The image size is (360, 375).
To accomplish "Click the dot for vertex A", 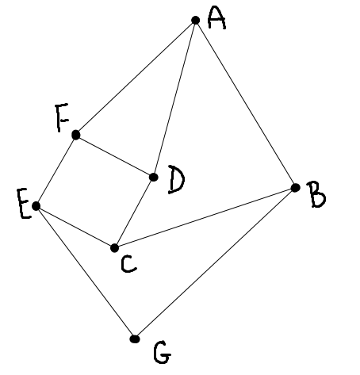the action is click(195, 20).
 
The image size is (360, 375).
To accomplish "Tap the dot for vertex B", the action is click(295, 188).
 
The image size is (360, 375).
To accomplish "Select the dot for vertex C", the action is click(114, 248).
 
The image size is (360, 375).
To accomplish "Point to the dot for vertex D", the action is click(154, 177).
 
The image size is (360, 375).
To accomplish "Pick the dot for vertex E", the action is click(36, 206).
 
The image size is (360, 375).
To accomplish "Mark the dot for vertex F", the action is click(76, 135).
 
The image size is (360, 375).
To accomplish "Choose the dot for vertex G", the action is click(135, 339).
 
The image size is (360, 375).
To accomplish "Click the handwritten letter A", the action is click(216, 18).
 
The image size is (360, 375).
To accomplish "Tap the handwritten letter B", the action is click(316, 195).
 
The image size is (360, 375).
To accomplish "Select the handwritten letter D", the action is click(176, 180).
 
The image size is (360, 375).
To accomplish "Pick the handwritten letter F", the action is click(62, 117).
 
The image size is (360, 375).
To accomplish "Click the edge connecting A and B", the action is click(245, 104).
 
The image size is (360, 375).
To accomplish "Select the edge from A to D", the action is click(174, 98).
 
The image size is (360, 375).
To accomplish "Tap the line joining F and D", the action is click(115, 156).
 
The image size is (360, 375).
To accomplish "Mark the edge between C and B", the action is click(205, 218).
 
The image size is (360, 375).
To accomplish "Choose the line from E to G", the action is click(86, 272).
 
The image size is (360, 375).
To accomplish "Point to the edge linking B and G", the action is click(215, 263).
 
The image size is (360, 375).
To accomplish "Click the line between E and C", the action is click(75, 227).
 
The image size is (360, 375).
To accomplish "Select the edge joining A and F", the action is click(136, 78).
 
